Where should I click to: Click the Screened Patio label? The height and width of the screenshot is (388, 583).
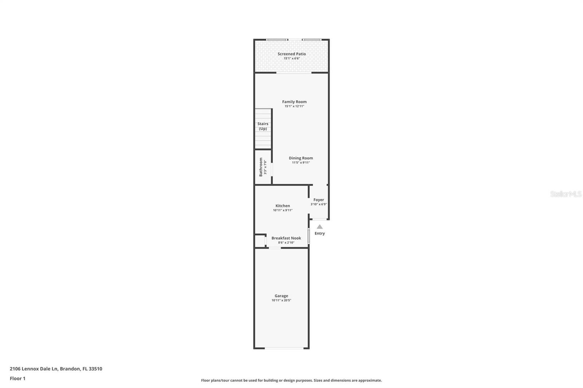pos(291,54)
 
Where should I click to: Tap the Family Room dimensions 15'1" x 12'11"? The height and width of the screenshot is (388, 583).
pos(294,106)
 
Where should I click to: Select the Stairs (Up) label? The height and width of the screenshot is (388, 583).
pos(263,126)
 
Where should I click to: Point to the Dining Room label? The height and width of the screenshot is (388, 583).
pos(301,158)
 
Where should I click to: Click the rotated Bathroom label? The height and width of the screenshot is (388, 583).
pos(261,167)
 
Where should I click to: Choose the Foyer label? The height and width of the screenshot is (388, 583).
pos(318,199)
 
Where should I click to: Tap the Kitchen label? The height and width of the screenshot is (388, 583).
pos(282,206)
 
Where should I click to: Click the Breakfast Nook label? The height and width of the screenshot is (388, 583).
pos(286,238)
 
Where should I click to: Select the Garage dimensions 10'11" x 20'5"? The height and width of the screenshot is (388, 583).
pos(281,300)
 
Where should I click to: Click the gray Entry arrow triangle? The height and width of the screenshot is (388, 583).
pos(320,227)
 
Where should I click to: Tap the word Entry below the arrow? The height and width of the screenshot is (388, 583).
pos(320,233)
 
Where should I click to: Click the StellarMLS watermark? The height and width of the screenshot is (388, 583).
pos(566,194)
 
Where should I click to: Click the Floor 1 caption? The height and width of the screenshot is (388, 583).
pos(17,379)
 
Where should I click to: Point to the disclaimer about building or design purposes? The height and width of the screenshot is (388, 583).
pos(291,380)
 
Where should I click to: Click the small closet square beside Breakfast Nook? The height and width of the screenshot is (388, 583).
pos(259,241)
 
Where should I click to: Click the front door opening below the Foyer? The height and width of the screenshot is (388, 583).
pos(320,219)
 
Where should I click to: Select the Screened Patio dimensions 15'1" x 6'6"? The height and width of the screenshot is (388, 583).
pos(291,58)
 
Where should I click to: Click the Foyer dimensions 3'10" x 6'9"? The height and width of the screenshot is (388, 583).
pos(318,204)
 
